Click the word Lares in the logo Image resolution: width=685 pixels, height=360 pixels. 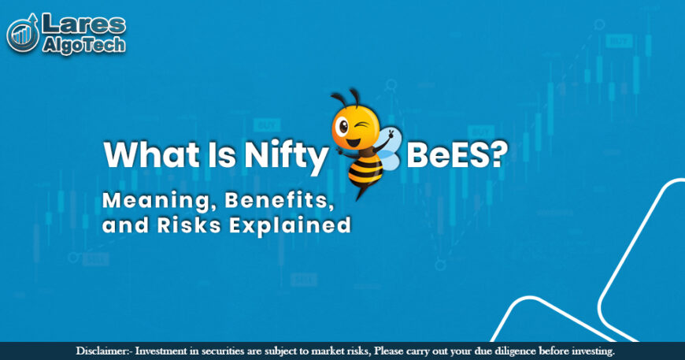[x=82, y=24]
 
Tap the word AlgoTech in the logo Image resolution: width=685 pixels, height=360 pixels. [x=82, y=46]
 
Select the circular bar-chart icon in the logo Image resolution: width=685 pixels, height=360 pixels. [x=24, y=34]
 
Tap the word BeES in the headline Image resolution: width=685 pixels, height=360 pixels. [x=441, y=155]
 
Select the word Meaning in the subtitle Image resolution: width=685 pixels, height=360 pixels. [x=150, y=201]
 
